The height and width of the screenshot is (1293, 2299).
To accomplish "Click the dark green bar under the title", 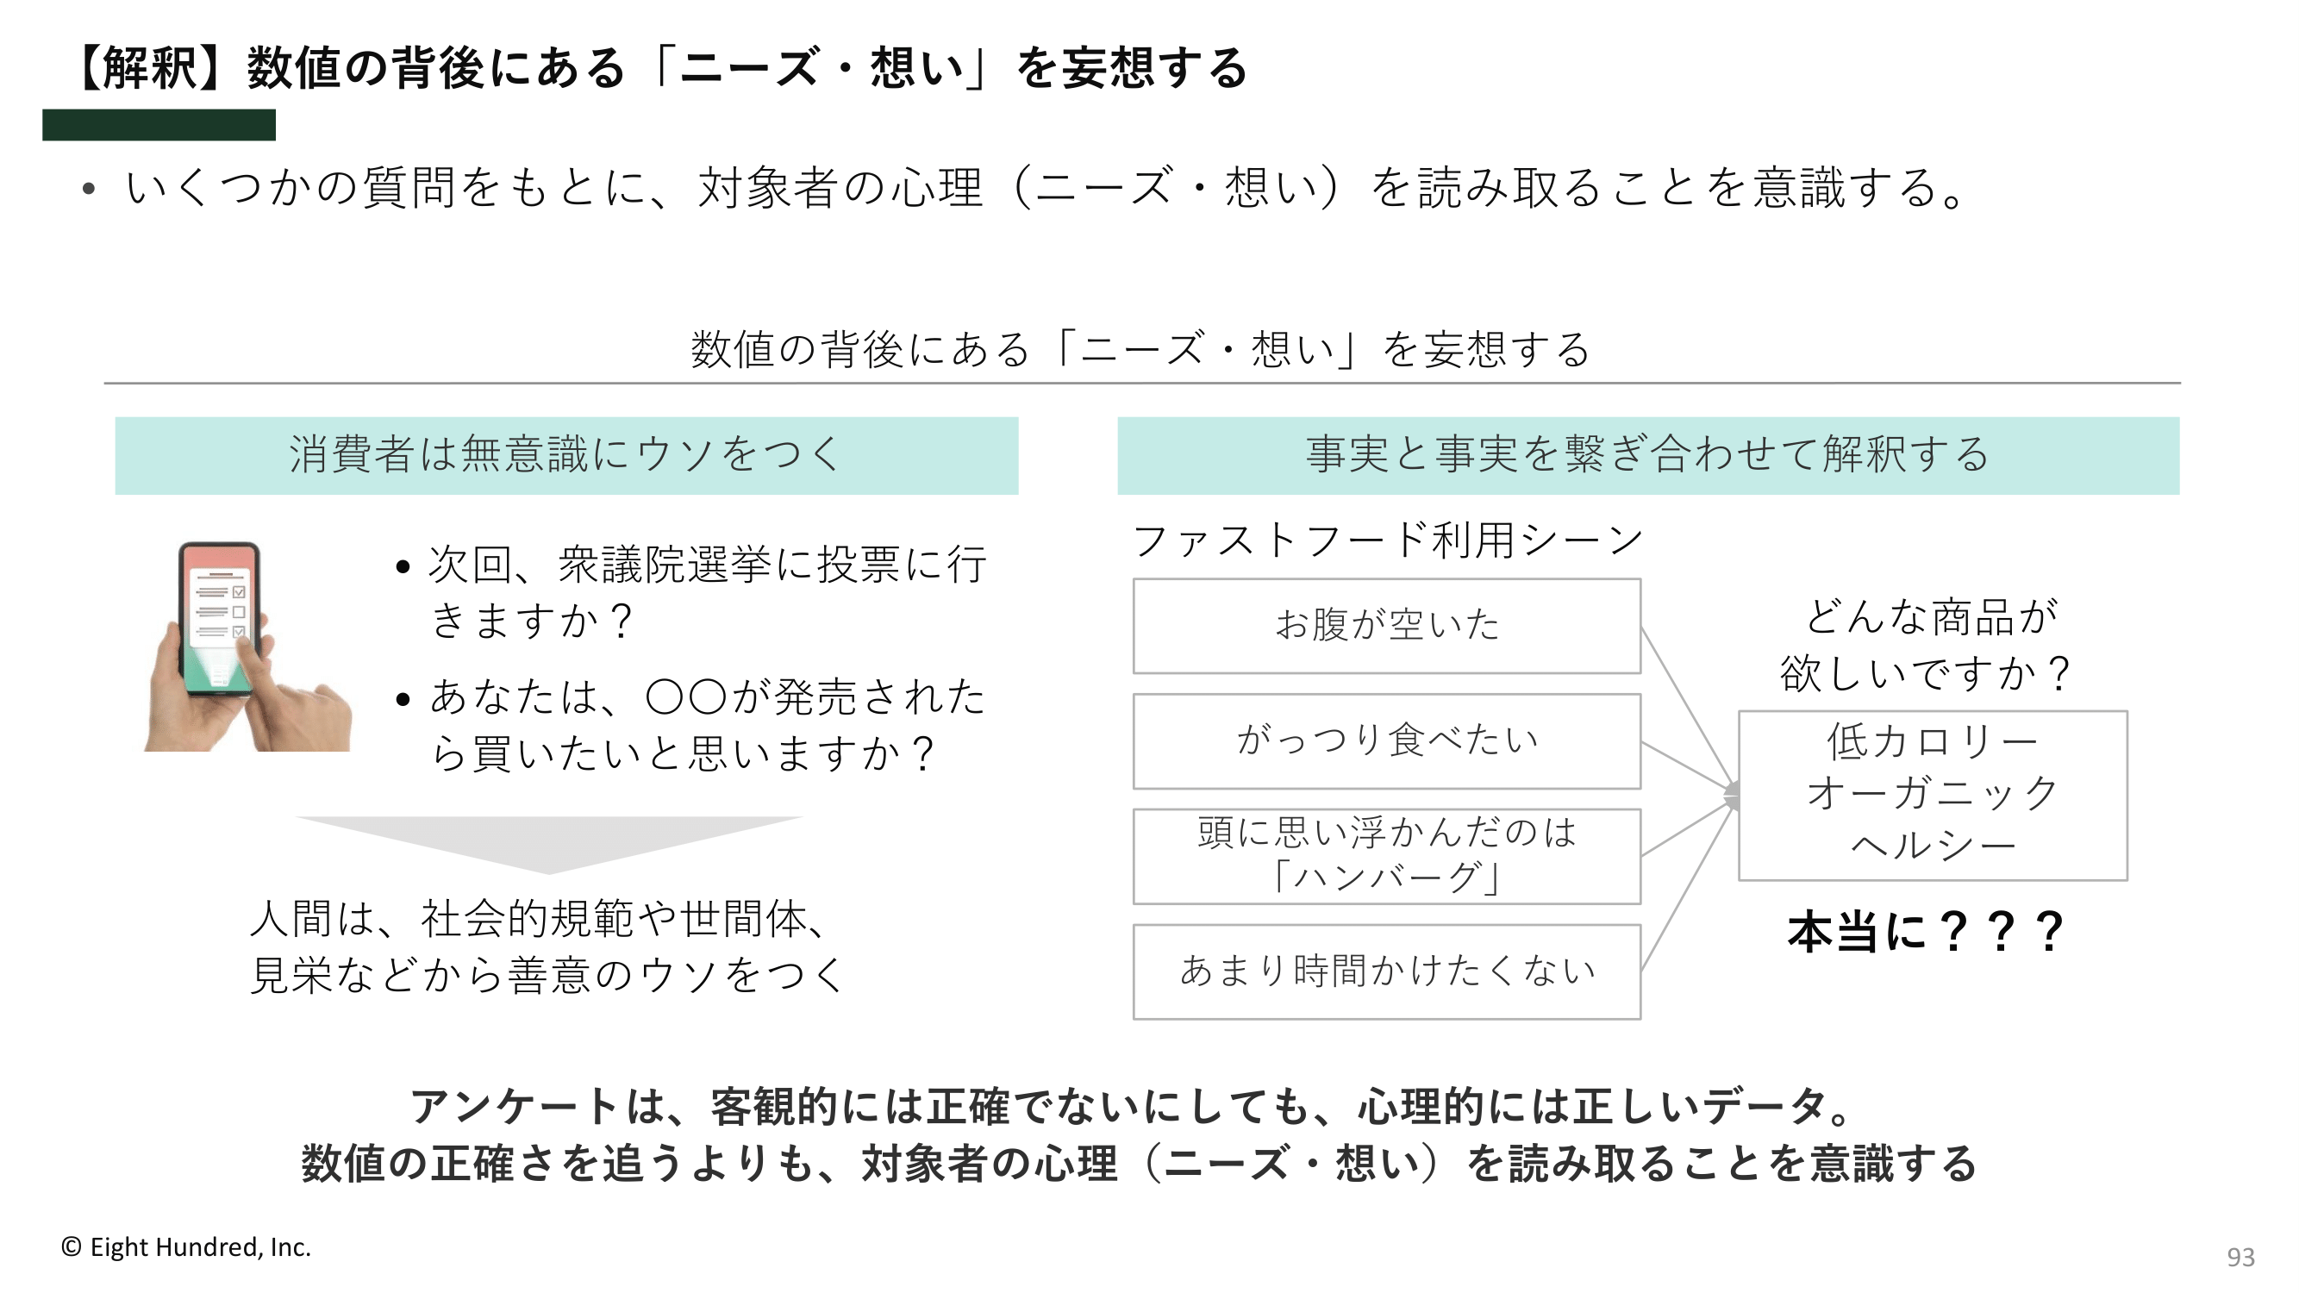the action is tap(159, 125).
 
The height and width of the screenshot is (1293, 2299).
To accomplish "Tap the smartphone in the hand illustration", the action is tap(219, 617).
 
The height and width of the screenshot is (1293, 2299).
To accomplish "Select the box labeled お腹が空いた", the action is tap(1387, 626).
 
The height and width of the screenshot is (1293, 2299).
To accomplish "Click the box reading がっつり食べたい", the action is tap(1387, 740).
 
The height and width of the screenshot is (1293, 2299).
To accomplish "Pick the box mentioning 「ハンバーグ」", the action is tap(1387, 856).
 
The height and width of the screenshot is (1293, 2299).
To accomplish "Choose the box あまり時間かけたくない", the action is tap(1387, 971).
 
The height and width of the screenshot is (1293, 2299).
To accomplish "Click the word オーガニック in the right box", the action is tap(1934, 793).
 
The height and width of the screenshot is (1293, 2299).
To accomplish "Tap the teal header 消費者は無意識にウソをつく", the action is tap(566, 455).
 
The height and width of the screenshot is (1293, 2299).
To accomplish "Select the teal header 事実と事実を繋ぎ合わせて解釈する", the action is tap(1648, 455).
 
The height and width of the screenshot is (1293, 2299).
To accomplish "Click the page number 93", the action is tap(2240, 1257).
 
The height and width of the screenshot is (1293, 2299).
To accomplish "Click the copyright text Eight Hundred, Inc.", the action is tap(200, 1246).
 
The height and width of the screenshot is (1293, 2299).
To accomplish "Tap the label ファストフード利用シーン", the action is tap(1387, 540).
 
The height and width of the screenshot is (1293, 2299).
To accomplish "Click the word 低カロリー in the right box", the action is tap(1934, 740).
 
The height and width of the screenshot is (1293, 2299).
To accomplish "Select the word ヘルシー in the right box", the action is tap(1934, 845).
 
